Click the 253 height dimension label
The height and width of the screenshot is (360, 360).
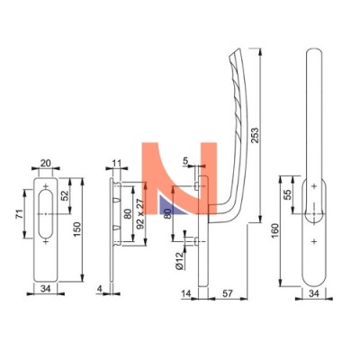[255, 135]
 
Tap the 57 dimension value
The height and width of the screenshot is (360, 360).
[228, 293]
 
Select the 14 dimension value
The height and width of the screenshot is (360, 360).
[186, 293]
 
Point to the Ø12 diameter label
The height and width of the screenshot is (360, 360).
[179, 261]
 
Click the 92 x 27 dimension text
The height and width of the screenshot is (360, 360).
[140, 214]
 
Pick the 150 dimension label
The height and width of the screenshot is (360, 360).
[77, 229]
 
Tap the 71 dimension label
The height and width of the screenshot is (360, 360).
[19, 214]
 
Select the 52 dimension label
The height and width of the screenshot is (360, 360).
[65, 195]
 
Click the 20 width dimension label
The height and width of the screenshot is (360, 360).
[46, 163]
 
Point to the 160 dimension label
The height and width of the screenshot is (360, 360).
[275, 231]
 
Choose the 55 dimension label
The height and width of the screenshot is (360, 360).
[288, 195]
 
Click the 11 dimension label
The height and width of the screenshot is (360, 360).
[116, 164]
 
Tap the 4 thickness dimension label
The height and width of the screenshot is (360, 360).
[100, 288]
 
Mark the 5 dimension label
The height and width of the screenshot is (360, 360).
[185, 161]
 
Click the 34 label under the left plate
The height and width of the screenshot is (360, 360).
[45, 289]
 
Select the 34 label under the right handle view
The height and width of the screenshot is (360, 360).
[314, 293]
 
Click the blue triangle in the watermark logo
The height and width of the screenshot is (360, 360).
[169, 206]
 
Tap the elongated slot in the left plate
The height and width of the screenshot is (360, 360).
[46, 214]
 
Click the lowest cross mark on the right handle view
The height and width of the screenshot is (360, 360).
[314, 241]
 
